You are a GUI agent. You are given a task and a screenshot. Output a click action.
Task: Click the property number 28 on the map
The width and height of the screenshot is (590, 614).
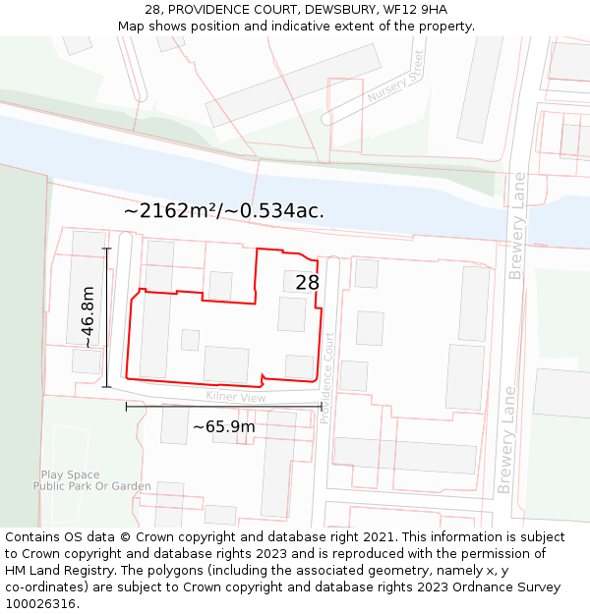pos(307,283)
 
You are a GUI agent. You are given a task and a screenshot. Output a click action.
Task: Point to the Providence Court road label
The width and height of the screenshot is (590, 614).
pos(328,377)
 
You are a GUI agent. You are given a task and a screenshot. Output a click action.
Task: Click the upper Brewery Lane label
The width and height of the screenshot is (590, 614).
pos(517,227)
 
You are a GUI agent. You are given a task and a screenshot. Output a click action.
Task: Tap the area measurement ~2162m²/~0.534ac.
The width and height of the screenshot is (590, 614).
pos(224,210)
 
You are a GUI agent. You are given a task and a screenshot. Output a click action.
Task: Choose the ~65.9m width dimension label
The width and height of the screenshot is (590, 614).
pos(223,426)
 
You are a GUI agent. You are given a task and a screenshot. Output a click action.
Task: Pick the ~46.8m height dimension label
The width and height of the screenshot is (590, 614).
pos(88,317)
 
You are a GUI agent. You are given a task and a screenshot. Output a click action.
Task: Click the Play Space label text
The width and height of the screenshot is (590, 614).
pos(71,474)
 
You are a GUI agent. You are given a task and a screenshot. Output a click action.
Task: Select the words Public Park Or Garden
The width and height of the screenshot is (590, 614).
pos(92,486)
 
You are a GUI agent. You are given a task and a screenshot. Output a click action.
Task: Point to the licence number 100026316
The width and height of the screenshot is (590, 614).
pos(40,604)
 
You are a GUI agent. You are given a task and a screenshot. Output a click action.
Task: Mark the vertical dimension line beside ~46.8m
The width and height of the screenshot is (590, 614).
pos(106,317)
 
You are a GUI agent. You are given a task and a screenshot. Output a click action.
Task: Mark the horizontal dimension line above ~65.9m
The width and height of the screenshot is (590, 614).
pos(223,406)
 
